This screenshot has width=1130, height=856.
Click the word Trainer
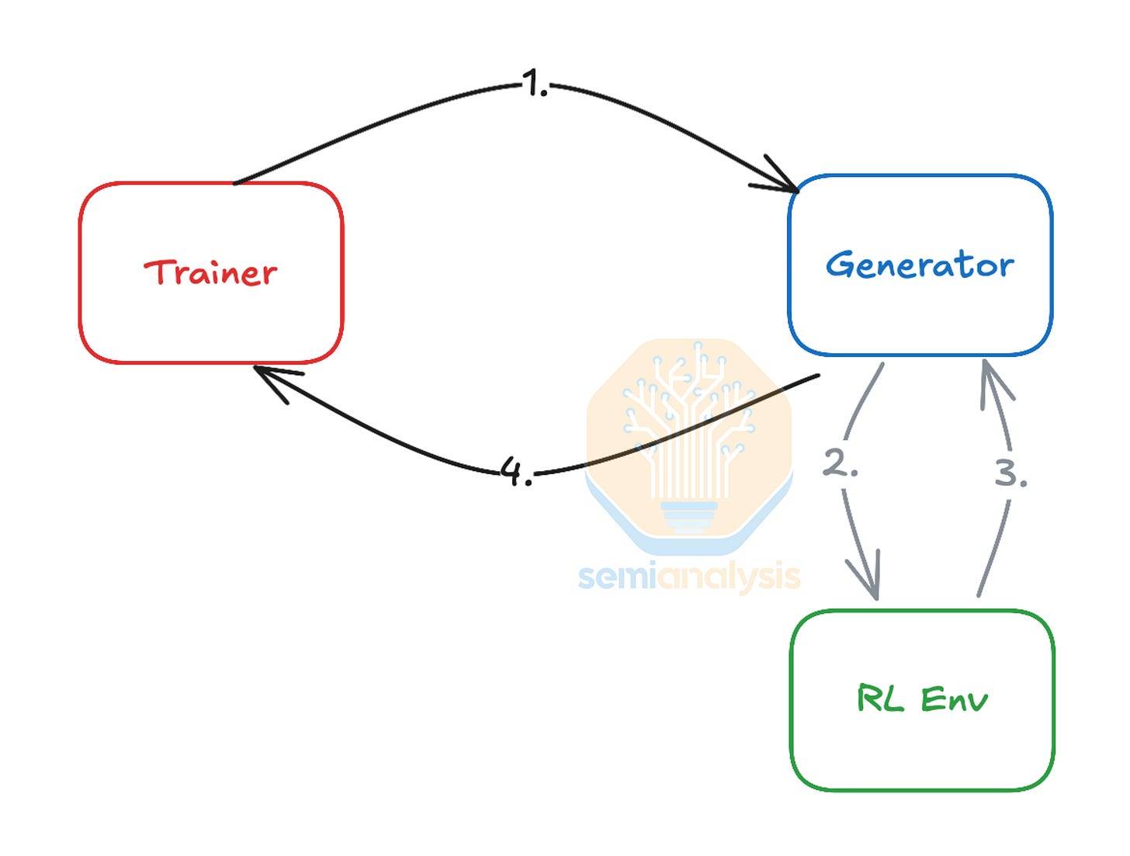210,272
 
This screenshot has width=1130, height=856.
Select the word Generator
920,265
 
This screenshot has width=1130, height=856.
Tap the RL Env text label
922,699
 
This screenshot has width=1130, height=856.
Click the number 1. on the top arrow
534,83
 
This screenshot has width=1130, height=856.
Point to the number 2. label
840,463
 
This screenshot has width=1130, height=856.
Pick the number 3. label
1010,473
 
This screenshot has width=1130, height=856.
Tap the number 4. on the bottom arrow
516,470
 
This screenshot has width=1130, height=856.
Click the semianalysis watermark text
689,577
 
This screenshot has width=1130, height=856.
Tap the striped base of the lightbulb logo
689,516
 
